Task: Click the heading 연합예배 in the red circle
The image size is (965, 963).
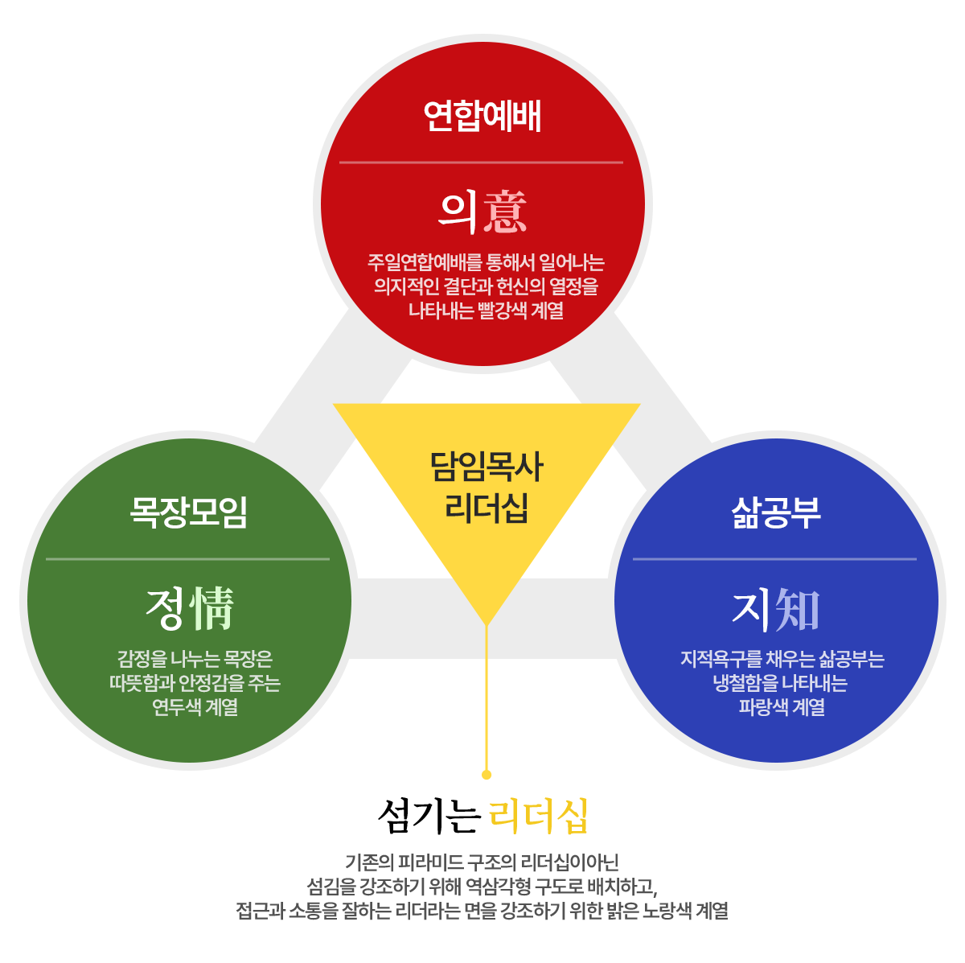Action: coord(482,117)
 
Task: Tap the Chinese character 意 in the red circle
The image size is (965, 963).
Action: coord(505,211)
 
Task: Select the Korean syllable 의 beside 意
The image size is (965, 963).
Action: coord(459,211)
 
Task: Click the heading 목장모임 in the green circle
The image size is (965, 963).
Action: coord(189,512)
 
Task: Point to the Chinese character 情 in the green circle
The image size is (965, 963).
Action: coord(212,608)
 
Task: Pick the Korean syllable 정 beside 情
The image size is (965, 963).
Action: coord(166,608)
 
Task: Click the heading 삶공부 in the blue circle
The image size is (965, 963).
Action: coord(776,512)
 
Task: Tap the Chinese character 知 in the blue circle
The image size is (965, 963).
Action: coord(798,609)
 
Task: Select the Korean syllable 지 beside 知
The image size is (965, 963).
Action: coord(751,609)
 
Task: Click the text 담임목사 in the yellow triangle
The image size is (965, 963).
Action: coord(487,467)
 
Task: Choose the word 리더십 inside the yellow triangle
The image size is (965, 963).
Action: coord(487,508)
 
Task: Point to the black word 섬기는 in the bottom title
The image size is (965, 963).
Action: coord(429,817)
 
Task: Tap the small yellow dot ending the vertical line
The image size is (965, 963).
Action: coord(486,775)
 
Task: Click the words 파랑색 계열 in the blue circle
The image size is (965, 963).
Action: coord(782,708)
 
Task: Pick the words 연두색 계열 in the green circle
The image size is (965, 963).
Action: coord(195,708)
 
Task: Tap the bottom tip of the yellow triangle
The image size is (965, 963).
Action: coord(487,623)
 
